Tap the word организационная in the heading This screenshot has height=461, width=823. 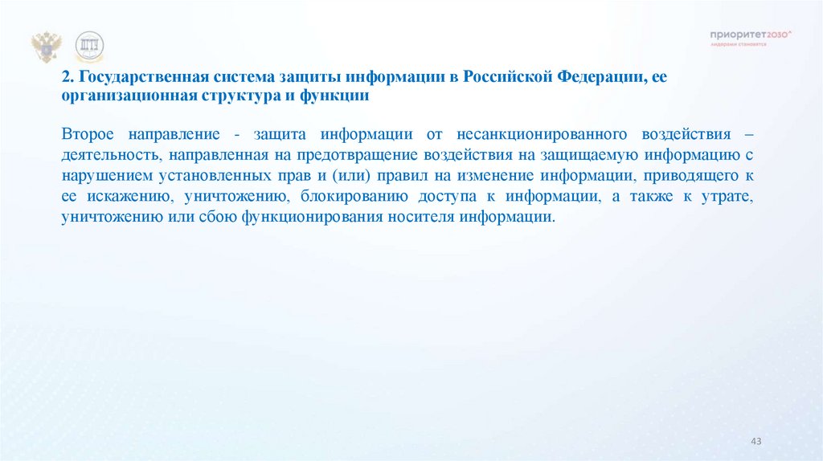point(119,96)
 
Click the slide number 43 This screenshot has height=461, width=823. point(755,443)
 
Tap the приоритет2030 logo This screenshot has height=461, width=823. point(751,38)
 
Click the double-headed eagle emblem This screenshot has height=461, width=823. point(46,47)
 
